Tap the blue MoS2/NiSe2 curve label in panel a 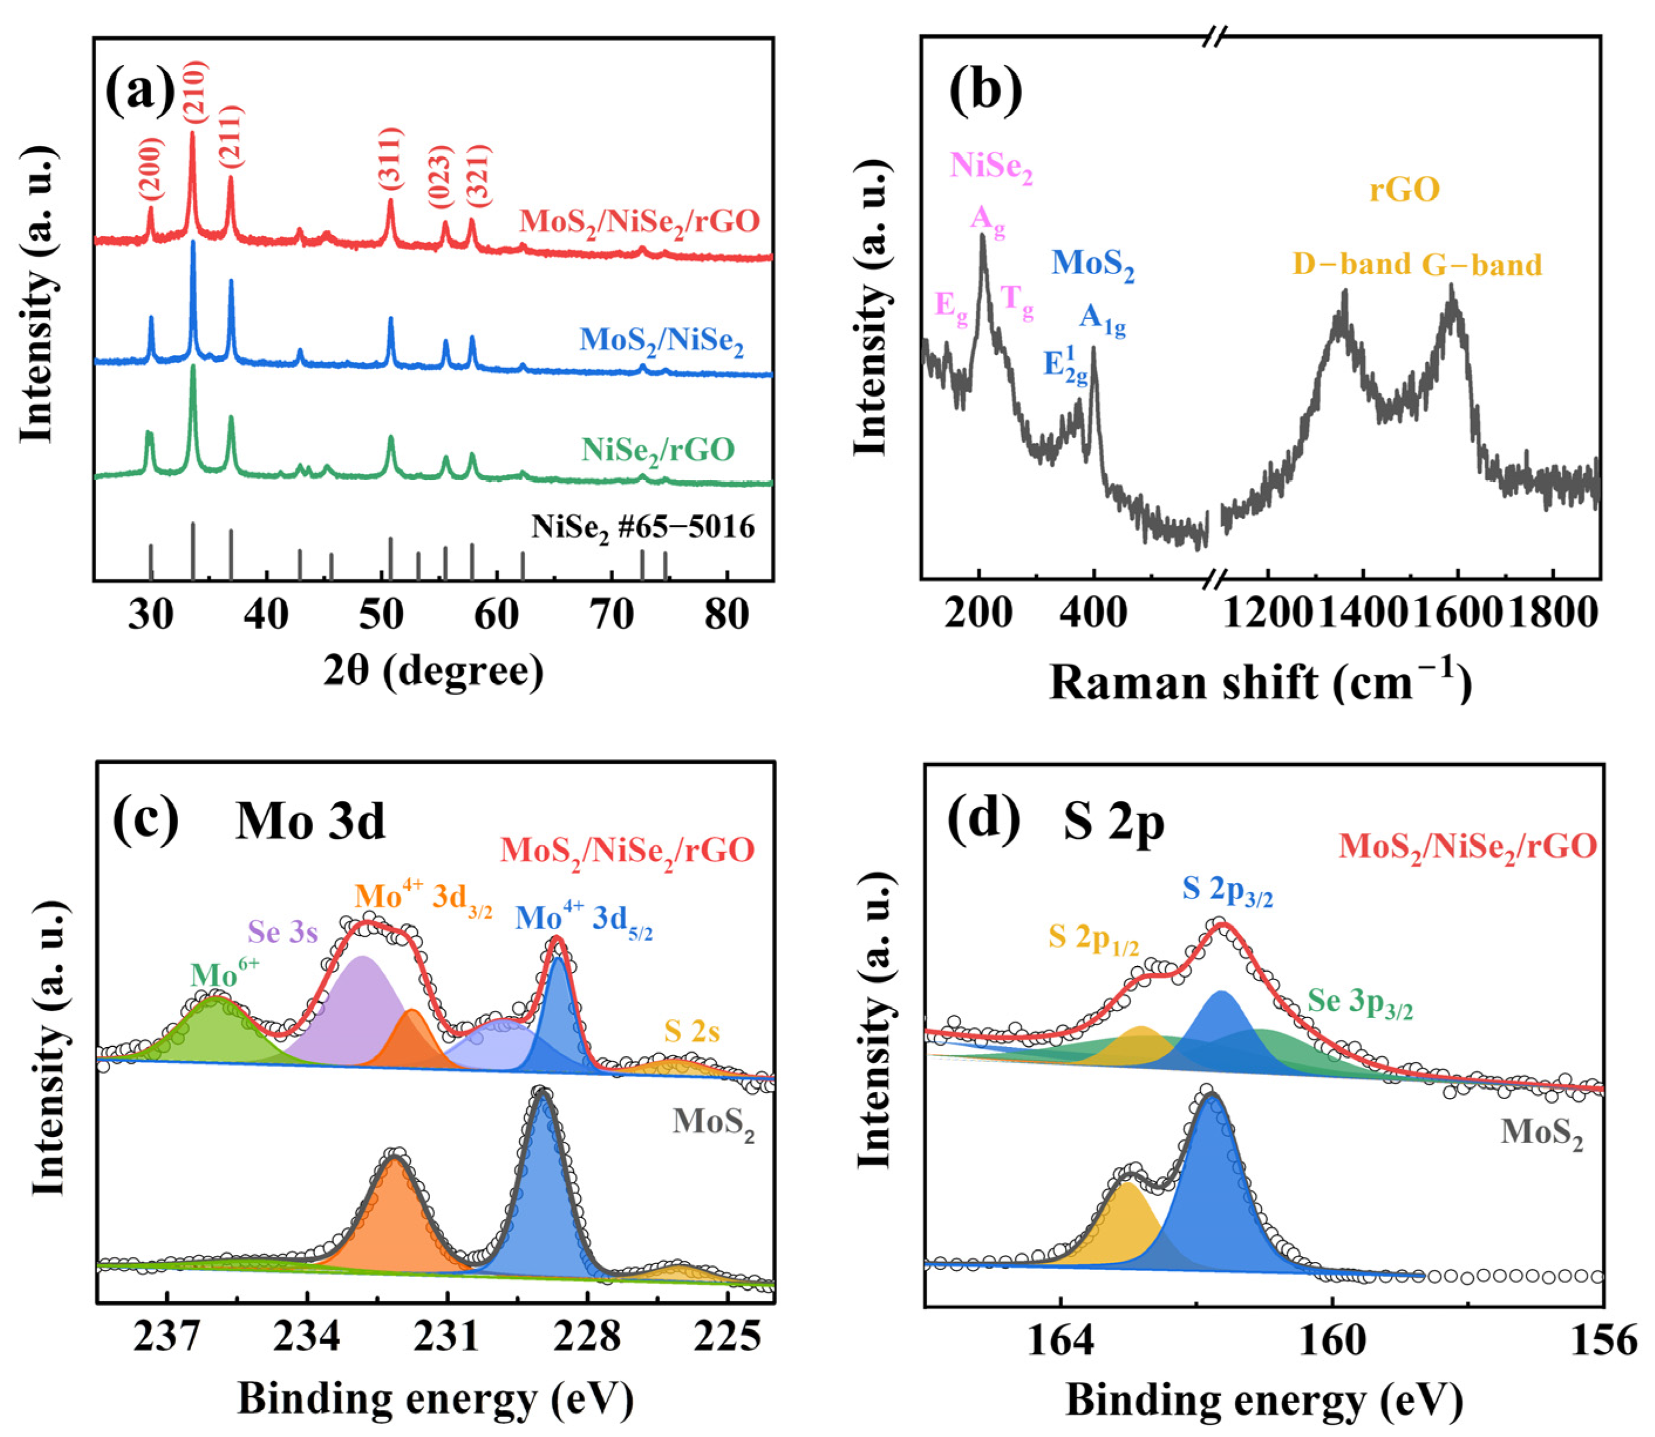click(662, 341)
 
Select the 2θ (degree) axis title click(433, 670)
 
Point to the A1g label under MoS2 click(1102, 320)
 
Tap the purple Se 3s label click(282, 932)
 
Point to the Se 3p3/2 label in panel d click(1360, 1002)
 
